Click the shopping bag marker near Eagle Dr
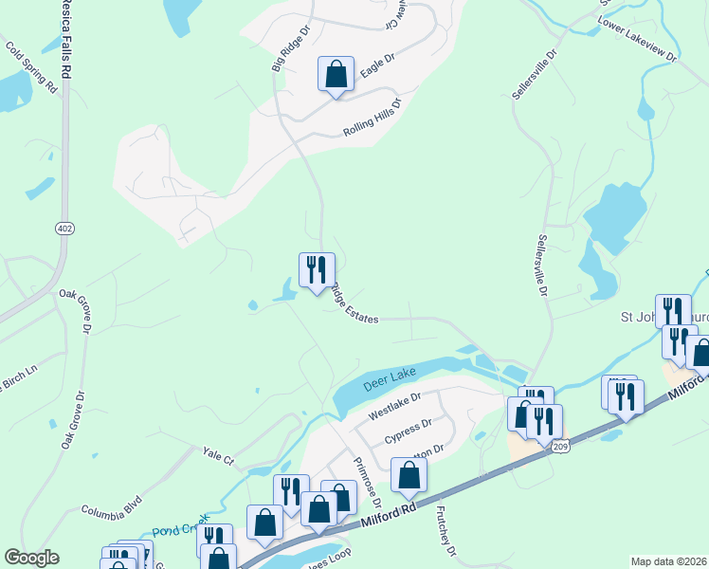coord(336,74)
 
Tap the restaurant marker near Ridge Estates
coord(317,270)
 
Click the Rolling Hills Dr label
coord(372,119)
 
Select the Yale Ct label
coord(217,458)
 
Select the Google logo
coord(31,558)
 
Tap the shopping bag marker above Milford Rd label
coord(319,509)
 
